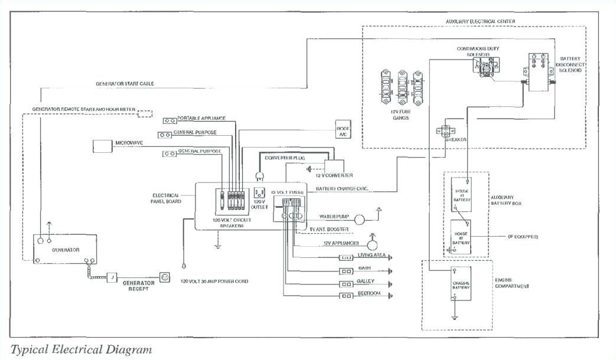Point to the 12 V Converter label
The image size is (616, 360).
point(334,175)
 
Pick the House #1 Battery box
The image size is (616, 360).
point(462,193)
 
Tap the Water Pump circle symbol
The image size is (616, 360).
point(360,218)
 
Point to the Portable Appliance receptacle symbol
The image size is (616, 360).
point(170,119)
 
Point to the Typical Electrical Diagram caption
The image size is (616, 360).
point(81,349)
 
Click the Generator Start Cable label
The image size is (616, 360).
point(125,84)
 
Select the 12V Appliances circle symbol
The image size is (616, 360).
point(373,243)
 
